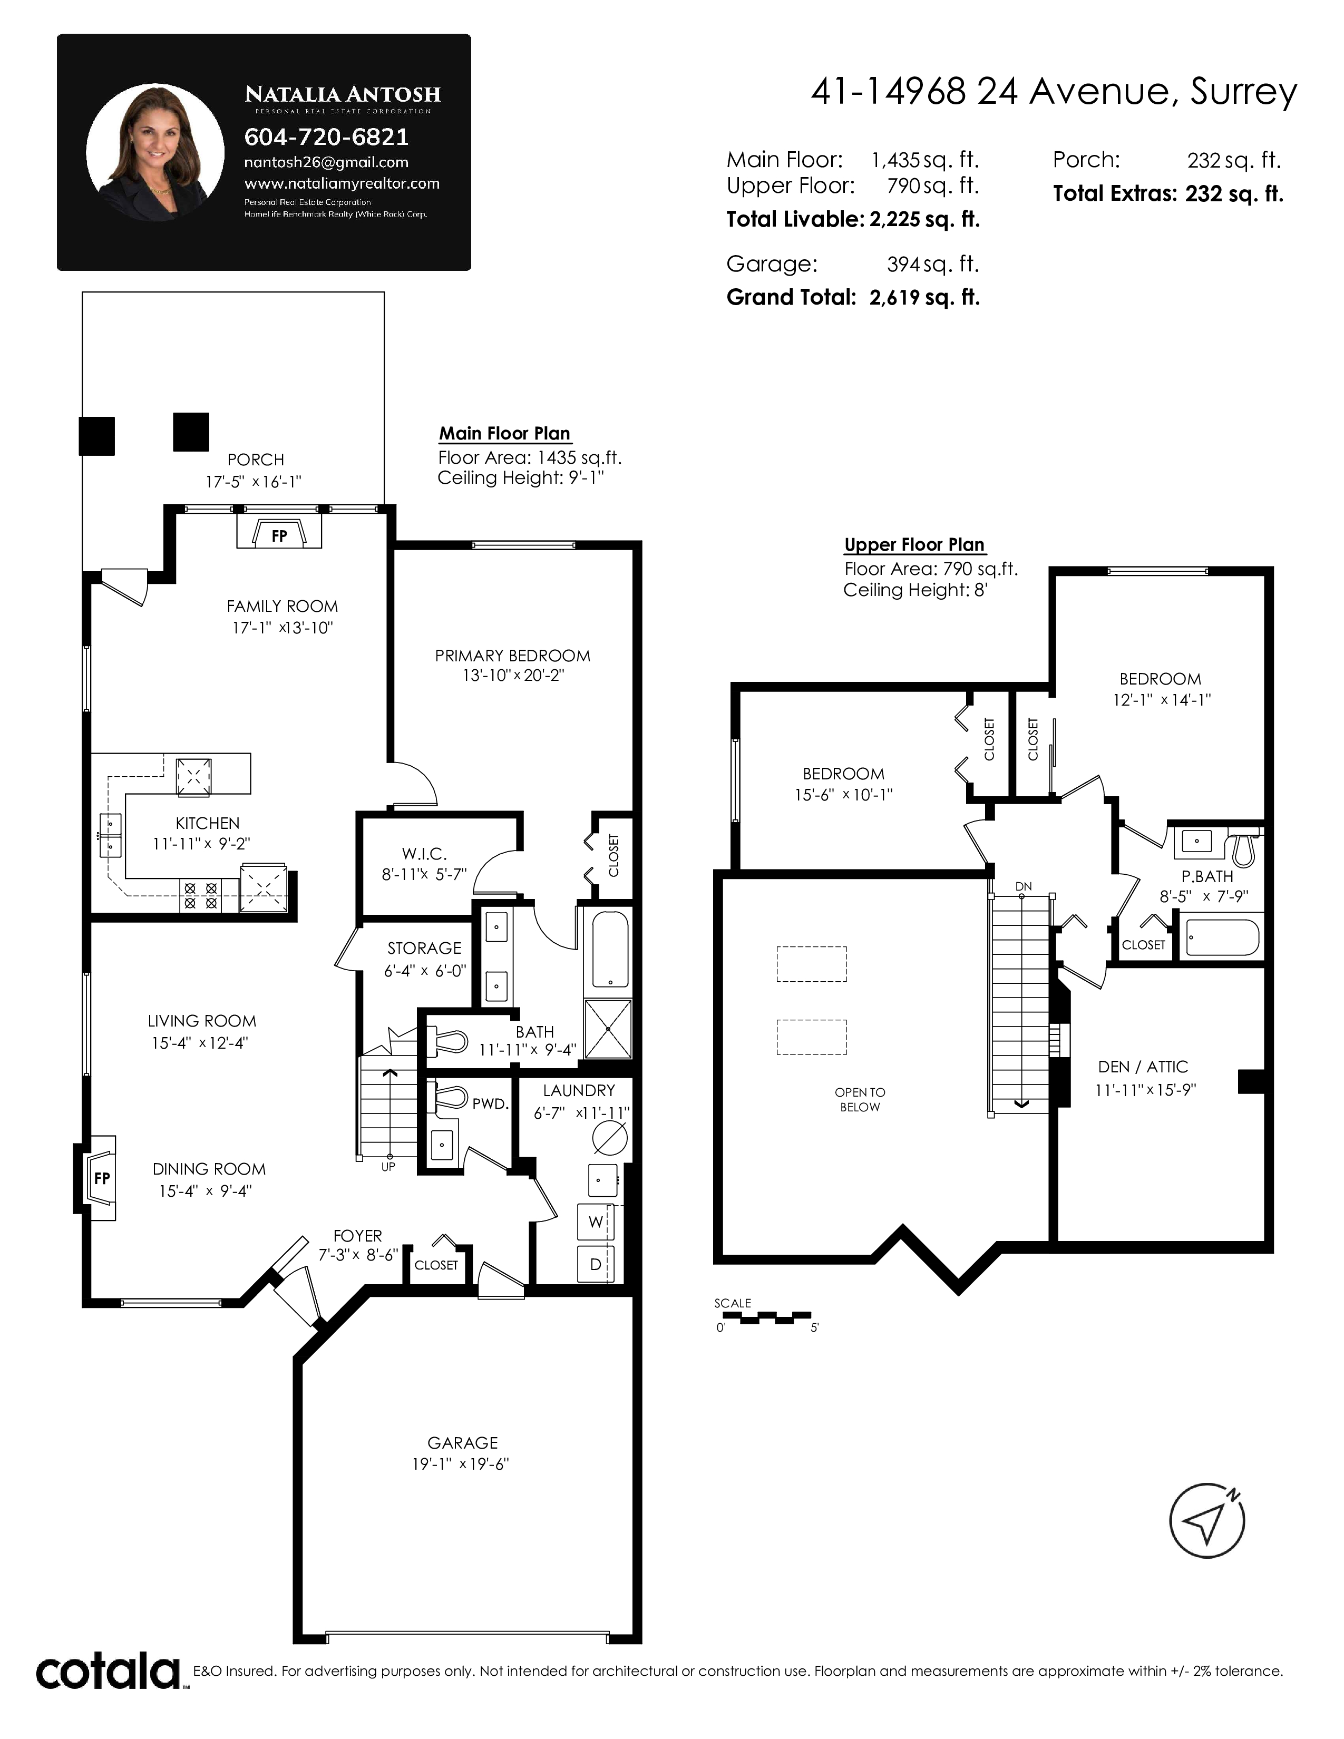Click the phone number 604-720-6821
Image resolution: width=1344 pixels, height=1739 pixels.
[x=326, y=137]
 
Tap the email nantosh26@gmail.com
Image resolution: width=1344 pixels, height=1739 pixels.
[x=326, y=162]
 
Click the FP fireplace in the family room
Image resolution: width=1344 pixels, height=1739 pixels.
[x=279, y=531]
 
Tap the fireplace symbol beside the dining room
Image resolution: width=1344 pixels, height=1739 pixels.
[x=97, y=1178]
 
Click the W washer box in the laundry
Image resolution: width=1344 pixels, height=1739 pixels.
[x=596, y=1222]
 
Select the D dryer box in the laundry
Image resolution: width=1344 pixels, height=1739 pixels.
[x=596, y=1264]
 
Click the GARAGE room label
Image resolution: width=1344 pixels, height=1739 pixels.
[x=463, y=1442]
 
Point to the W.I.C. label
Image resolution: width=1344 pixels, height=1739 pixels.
[x=424, y=854]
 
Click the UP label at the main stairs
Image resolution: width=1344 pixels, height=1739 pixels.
[x=388, y=1167]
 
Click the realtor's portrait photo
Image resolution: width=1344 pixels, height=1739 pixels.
[x=155, y=153]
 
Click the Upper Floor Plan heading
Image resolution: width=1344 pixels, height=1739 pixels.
[x=914, y=545]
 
